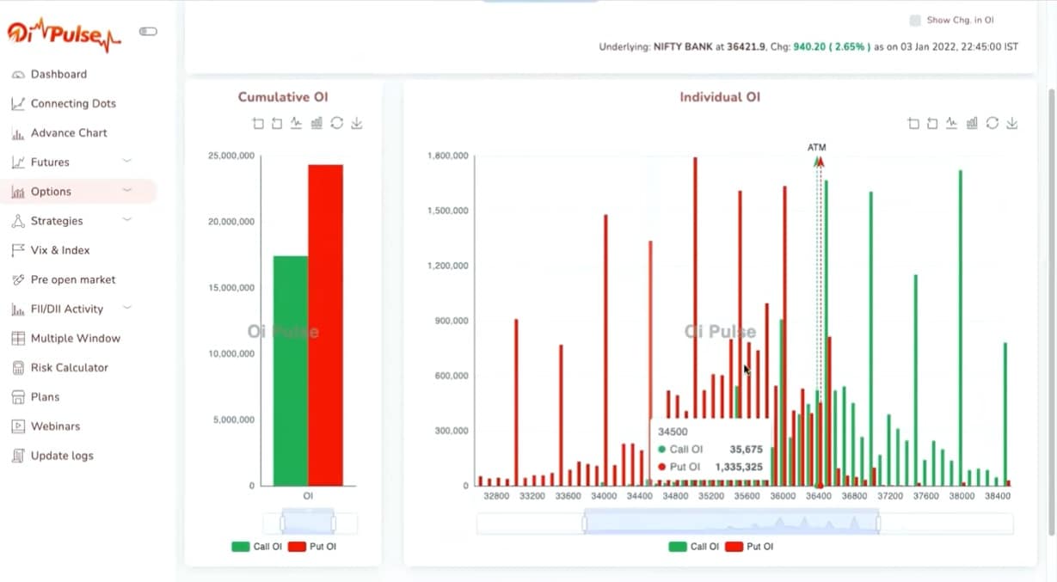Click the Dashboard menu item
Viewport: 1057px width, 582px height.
(58, 74)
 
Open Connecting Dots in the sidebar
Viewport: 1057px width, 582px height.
(73, 103)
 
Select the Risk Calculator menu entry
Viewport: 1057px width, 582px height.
(69, 367)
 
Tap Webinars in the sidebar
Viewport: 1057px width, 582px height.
(55, 426)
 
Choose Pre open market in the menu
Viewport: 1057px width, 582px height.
(72, 279)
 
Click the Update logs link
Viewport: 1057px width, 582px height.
(62, 456)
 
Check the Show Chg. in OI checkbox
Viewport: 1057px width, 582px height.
(915, 20)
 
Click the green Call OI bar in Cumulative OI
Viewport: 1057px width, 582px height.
(290, 370)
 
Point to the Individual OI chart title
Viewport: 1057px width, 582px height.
(720, 97)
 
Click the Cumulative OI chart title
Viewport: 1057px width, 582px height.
(283, 97)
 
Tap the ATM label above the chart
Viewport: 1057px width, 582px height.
(816, 148)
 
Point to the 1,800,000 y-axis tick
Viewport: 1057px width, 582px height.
(447, 156)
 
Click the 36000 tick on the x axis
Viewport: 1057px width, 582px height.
(783, 496)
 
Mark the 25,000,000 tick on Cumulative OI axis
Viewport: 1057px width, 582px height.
(231, 156)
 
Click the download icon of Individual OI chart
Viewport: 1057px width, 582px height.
(1012, 124)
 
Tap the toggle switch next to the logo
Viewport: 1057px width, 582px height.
(148, 32)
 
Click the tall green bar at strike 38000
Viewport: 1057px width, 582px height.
(960, 327)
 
